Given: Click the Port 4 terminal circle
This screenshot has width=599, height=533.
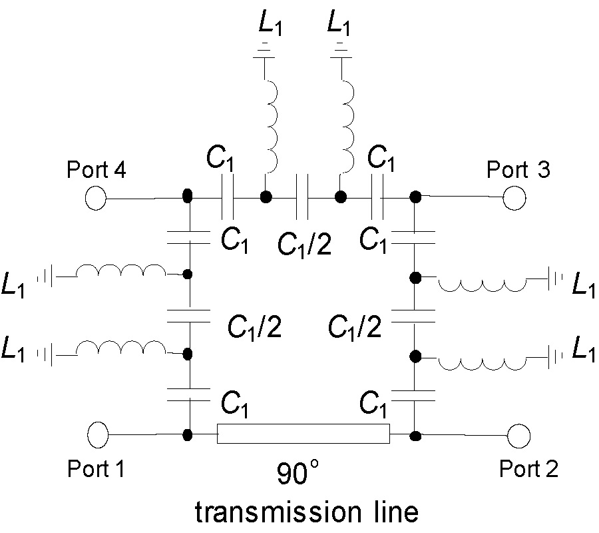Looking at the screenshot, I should click(x=97, y=198).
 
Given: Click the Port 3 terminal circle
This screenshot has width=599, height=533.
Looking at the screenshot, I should click(x=514, y=198).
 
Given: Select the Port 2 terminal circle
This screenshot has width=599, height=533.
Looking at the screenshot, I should click(x=518, y=437).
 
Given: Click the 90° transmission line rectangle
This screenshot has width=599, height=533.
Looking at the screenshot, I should click(x=303, y=434).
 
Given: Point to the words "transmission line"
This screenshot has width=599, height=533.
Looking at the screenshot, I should click(x=307, y=512).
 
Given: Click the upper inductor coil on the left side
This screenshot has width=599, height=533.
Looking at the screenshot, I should click(x=120, y=272).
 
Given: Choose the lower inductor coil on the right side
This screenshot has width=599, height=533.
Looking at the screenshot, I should click(x=481, y=360).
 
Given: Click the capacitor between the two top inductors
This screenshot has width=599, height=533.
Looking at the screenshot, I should click(x=303, y=197).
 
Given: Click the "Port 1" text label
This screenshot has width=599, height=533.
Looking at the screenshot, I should click(x=97, y=469).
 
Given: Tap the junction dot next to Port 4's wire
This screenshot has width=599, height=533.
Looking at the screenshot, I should click(x=188, y=197).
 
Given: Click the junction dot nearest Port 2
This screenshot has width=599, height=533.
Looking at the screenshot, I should click(x=415, y=436).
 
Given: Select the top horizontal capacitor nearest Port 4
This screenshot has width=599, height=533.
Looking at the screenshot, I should click(x=227, y=197).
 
